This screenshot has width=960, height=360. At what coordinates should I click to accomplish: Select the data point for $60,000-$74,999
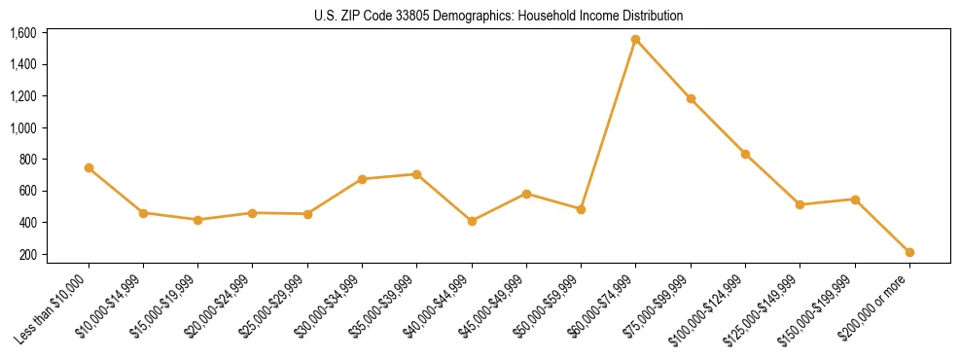[636, 40]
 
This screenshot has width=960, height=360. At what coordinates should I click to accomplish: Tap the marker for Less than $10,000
[89, 168]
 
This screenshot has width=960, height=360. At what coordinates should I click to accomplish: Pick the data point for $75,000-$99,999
[691, 98]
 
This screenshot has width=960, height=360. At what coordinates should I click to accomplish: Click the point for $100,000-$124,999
[745, 154]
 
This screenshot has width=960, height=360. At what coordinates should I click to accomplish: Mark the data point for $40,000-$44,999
[472, 221]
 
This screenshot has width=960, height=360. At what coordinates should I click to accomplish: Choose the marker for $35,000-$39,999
[417, 174]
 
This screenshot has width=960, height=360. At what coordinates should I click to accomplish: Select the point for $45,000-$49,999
[526, 194]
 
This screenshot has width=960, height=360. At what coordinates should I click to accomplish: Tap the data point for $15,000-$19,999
[198, 220]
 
